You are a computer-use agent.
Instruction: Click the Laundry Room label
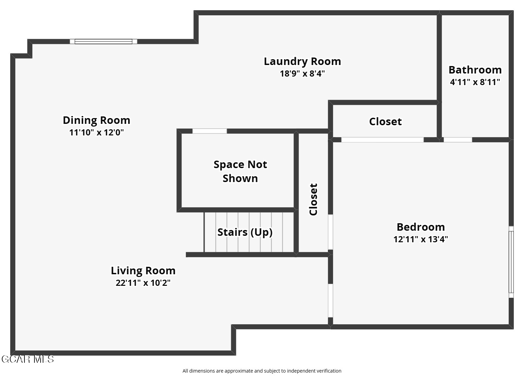tap(302, 62)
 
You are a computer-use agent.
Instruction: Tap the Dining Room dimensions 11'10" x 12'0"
tap(96, 132)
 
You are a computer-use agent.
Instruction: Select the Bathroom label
tap(475, 70)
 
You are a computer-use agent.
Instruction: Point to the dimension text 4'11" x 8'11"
tap(475, 82)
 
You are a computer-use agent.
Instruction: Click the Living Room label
tap(143, 271)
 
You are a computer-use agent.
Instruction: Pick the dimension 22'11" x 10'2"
tap(143, 283)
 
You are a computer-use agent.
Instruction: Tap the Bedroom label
tap(420, 227)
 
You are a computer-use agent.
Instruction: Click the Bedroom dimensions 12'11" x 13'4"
tap(420, 239)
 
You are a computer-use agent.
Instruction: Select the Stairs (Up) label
tap(245, 232)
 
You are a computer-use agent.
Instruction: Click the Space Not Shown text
tap(240, 171)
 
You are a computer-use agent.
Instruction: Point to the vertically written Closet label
tap(313, 199)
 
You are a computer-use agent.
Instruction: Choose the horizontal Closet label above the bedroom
tap(385, 121)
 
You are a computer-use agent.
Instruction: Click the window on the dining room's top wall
tap(104, 42)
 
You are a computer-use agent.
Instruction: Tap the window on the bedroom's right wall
tap(511, 262)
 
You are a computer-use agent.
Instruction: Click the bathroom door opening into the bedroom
tap(458, 140)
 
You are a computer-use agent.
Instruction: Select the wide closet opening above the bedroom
tap(382, 140)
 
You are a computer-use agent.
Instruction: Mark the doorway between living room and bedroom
tap(330, 300)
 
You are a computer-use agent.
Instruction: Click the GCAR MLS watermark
tap(28, 359)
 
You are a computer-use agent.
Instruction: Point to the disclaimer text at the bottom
tap(262, 371)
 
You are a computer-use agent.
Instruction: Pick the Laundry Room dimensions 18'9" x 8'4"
tap(302, 73)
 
